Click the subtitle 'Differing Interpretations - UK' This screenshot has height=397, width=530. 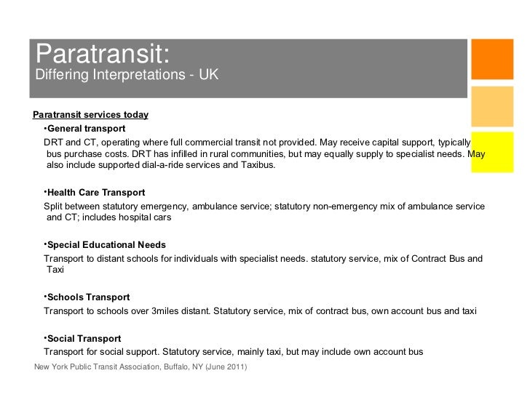[126, 76]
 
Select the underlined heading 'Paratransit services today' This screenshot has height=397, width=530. [91, 115]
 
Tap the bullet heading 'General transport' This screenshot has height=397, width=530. [86, 128]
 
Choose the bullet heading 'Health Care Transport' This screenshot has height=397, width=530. [95, 193]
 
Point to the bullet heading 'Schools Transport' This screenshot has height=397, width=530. [88, 297]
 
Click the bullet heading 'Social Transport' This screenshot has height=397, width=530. [84, 339]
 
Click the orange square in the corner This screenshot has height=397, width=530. [493, 58]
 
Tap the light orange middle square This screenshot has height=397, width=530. [493, 109]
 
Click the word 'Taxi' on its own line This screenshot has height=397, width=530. [56, 270]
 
